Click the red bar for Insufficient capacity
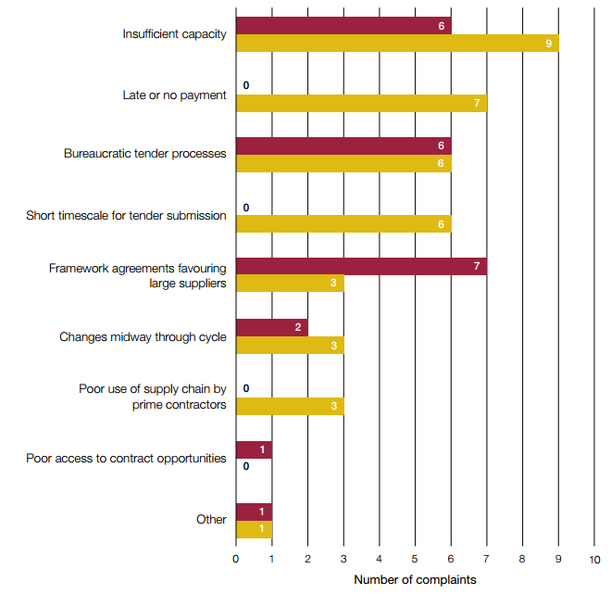[x=343, y=26]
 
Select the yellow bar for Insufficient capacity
[x=396, y=43]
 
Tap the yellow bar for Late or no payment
[x=361, y=103]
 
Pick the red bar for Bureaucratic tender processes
[x=343, y=146]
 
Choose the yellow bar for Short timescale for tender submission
[x=343, y=224]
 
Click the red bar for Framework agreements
[x=361, y=268]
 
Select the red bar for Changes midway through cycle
[x=271, y=328]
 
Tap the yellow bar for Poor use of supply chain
[x=289, y=406]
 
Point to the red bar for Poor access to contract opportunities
[x=254, y=449]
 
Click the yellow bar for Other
[x=254, y=528]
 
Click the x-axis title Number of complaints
[x=415, y=580]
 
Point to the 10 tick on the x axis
[x=594, y=560]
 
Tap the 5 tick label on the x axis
[x=415, y=560]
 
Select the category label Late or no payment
[x=174, y=95]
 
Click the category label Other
[x=211, y=519]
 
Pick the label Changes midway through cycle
[x=143, y=337]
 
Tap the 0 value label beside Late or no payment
[x=246, y=85]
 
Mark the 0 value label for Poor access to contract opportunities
[x=246, y=467]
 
